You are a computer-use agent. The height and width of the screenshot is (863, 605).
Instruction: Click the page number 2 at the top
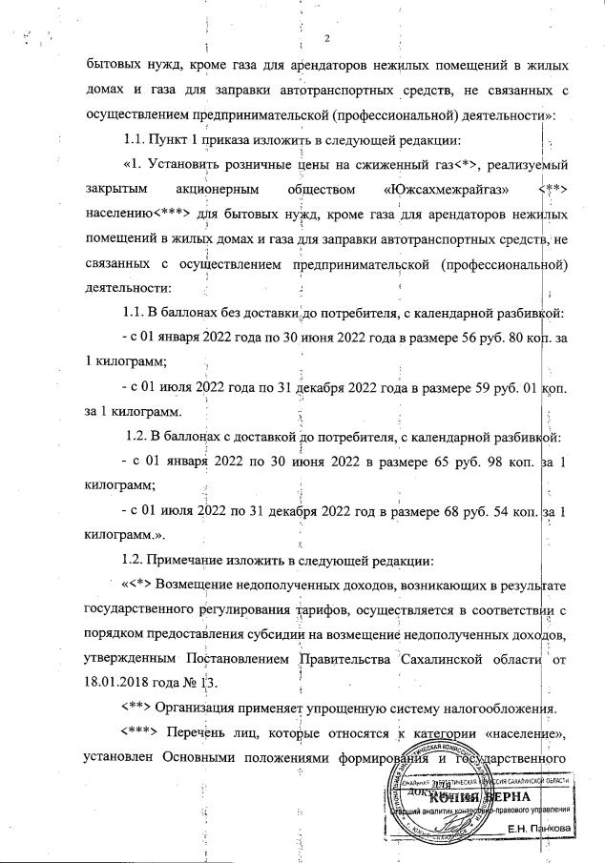[326, 38]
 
